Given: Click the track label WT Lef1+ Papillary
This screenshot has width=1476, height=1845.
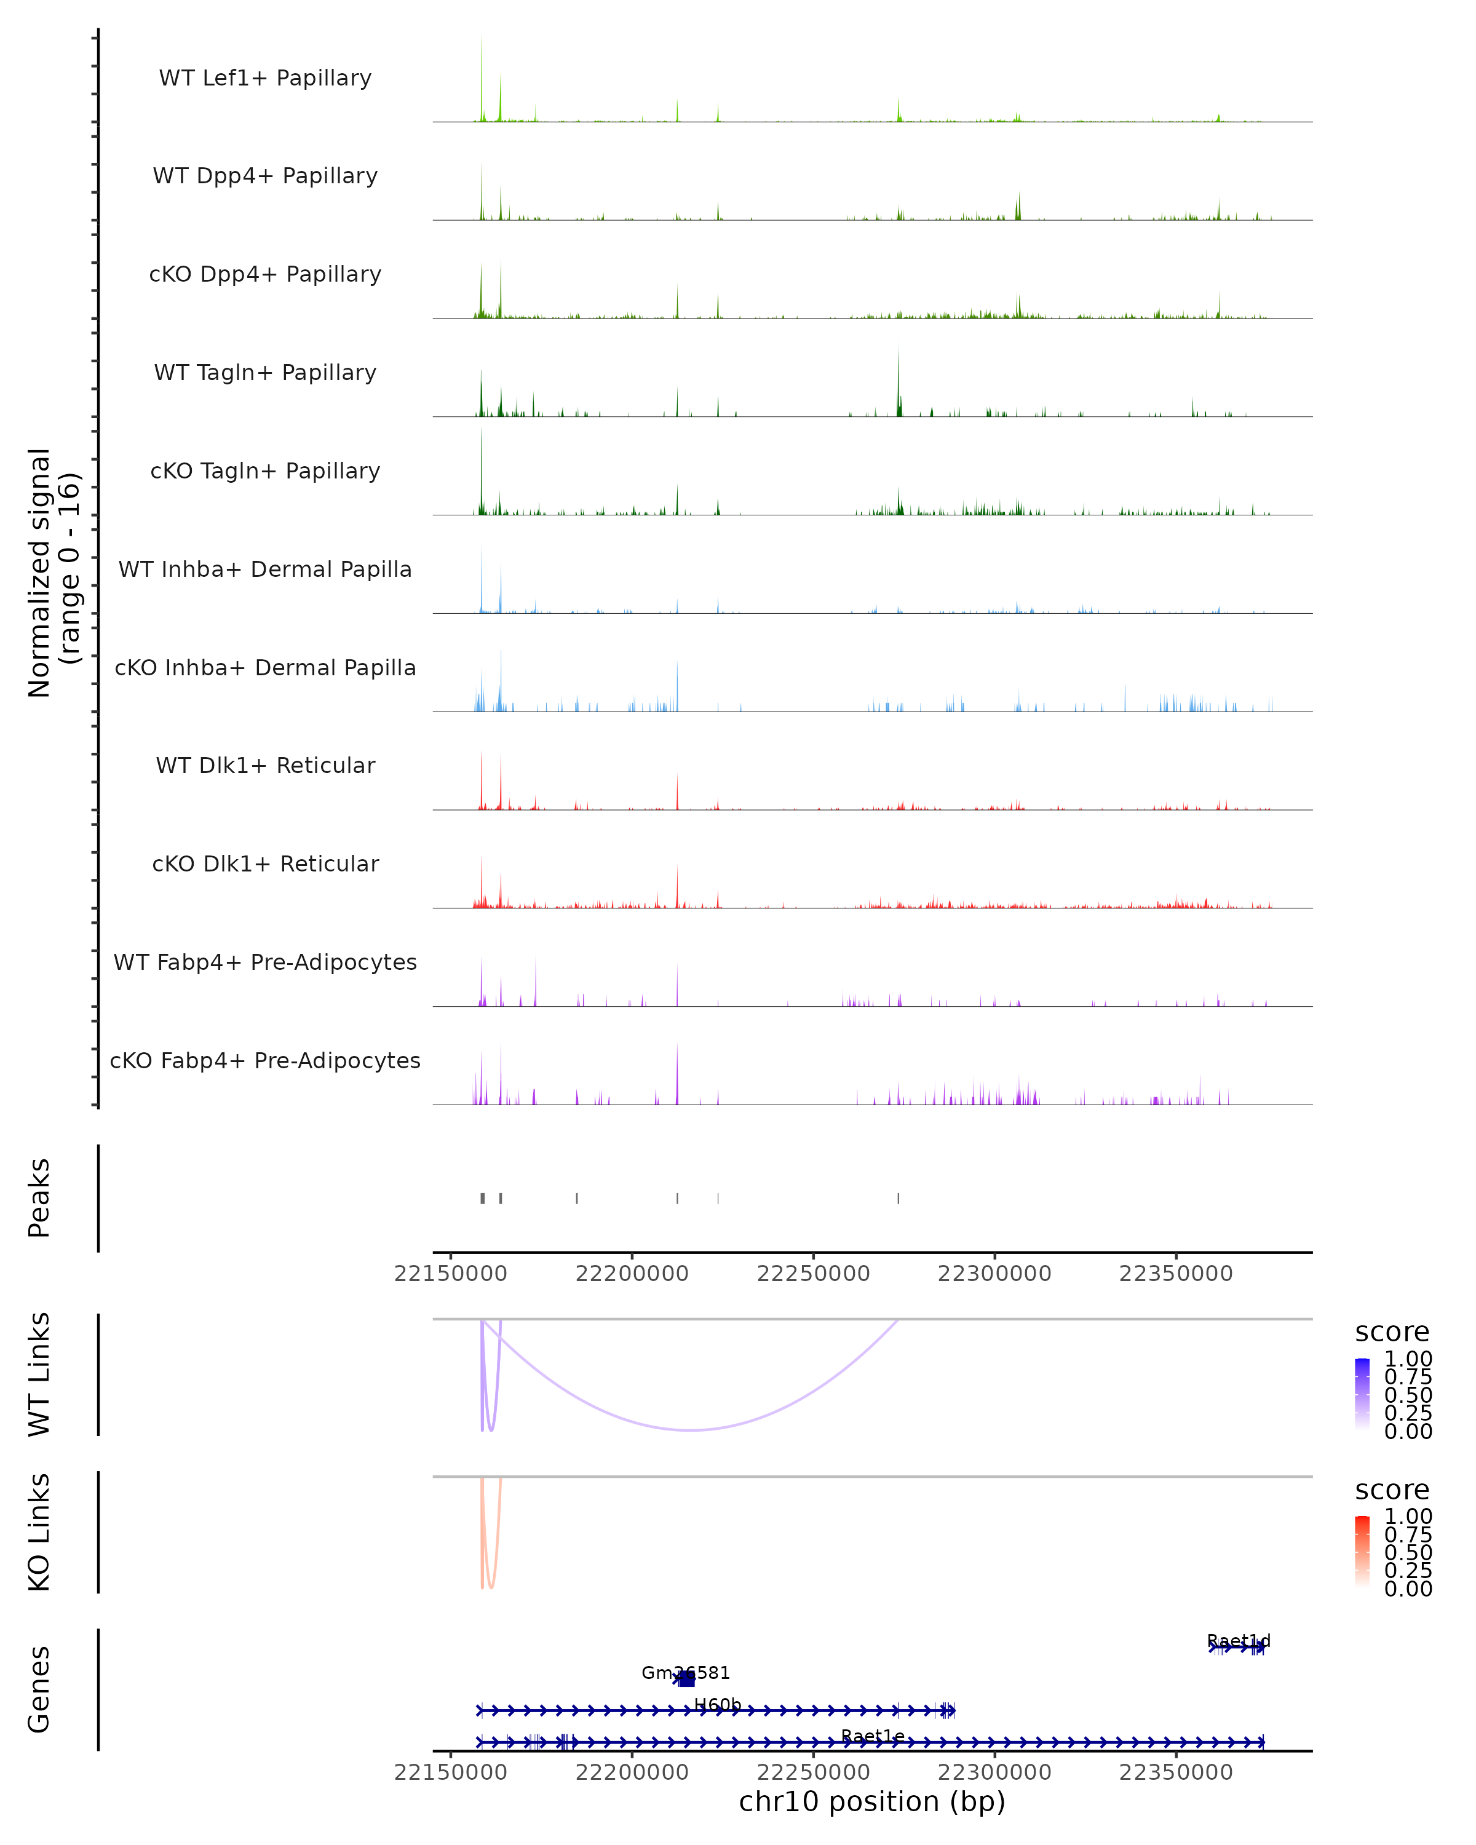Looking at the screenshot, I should pyautogui.click(x=265, y=78).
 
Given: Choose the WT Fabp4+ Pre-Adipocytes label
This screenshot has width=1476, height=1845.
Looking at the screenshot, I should pyautogui.click(x=265, y=962).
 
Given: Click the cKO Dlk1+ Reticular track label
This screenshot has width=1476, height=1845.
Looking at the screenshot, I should pyautogui.click(x=265, y=863).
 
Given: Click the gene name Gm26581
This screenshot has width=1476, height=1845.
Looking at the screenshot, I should pyautogui.click(x=685, y=1672).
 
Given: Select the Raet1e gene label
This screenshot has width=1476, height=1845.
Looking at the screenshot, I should pyautogui.click(x=872, y=1736).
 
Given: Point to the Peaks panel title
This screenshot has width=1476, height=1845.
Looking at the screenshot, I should pyautogui.click(x=39, y=1197).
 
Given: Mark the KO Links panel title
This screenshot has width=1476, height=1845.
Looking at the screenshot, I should pyautogui.click(x=39, y=1532).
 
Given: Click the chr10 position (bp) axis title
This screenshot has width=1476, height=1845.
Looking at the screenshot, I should pyautogui.click(x=872, y=1801).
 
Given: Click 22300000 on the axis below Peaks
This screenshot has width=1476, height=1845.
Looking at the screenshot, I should pyautogui.click(x=994, y=1274).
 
